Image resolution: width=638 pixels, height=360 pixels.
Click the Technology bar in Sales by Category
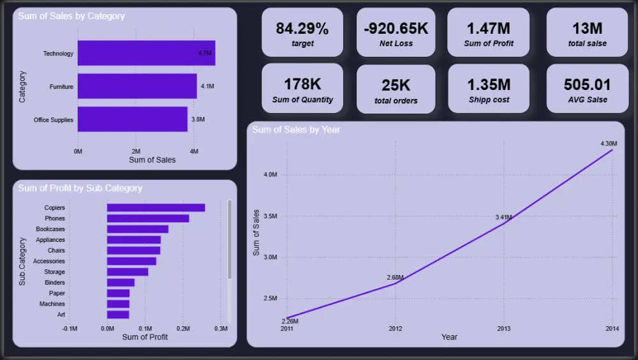click(x=147, y=53)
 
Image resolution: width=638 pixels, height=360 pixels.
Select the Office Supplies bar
click(x=133, y=119)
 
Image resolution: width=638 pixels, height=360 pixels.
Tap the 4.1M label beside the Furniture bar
click(x=207, y=86)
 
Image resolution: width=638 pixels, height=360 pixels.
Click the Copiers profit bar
click(x=156, y=207)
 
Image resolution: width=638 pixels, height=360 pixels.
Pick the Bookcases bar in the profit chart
click(x=138, y=229)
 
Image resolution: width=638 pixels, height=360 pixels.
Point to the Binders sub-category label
click(x=55, y=282)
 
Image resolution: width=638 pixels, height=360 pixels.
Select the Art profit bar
click(x=118, y=315)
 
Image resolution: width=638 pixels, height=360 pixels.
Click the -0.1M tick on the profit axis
click(x=70, y=329)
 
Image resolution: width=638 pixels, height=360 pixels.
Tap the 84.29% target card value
click(x=302, y=29)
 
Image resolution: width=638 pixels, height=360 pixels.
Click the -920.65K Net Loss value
click(x=396, y=29)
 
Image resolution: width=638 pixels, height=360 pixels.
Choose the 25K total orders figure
click(x=396, y=86)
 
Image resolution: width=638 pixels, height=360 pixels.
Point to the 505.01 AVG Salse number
click(x=587, y=85)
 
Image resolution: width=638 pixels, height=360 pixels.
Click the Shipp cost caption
click(x=489, y=100)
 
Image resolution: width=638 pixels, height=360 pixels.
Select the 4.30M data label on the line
click(x=609, y=144)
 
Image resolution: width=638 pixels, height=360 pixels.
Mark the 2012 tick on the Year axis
click(x=395, y=329)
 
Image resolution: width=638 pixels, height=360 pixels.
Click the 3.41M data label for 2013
click(x=504, y=218)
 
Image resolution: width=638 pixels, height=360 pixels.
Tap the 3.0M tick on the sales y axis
click(x=271, y=257)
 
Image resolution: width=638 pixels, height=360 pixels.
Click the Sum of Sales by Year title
click(x=296, y=130)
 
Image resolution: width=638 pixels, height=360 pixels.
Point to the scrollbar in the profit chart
click(x=229, y=239)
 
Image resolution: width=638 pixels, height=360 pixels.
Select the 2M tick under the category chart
click(x=136, y=151)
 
